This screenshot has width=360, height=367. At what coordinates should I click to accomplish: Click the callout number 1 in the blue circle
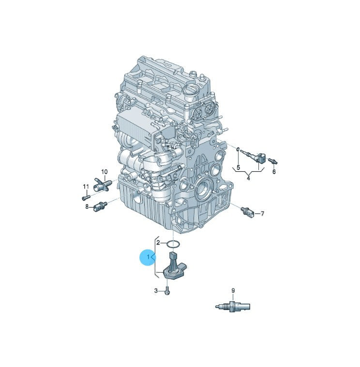(148, 257)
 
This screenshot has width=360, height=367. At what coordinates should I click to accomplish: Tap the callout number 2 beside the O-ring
(158, 243)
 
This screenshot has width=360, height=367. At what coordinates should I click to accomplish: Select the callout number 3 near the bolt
(156, 291)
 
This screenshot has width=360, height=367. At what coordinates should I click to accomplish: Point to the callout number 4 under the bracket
(249, 178)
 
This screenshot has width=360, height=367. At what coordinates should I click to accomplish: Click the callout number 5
(239, 167)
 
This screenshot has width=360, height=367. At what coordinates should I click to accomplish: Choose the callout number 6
(274, 172)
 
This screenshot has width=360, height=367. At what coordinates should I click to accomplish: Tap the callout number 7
(262, 213)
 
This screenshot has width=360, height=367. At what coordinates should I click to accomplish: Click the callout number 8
(87, 206)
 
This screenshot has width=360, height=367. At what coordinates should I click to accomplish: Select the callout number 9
(233, 291)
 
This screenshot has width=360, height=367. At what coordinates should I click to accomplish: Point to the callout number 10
(105, 172)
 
